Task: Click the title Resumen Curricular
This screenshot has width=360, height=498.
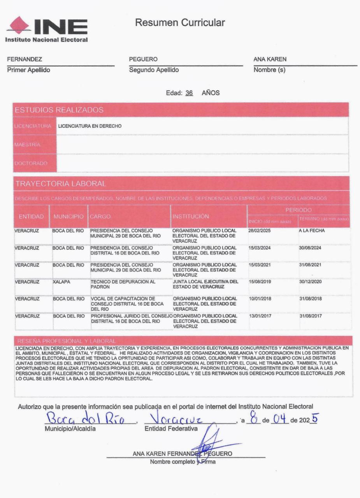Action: point(180,23)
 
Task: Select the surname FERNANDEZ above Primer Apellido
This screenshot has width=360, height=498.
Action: point(24,60)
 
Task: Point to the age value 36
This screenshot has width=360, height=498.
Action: point(190,94)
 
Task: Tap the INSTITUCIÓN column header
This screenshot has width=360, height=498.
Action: point(191,216)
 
